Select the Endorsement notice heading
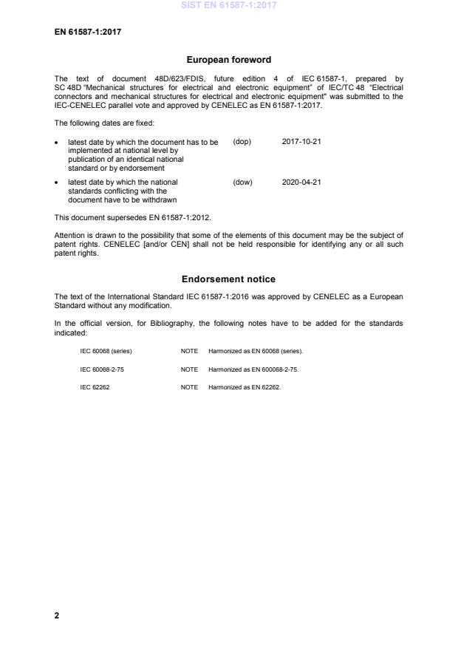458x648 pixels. click(229, 279)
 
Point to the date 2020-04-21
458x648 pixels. click(301, 182)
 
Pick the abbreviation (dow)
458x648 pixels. click(242, 182)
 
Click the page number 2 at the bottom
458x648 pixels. click(57, 615)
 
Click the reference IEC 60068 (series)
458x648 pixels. click(106, 351)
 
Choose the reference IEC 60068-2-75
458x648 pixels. click(101, 369)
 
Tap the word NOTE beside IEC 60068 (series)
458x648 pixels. click(189, 351)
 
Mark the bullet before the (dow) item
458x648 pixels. click(58, 182)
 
